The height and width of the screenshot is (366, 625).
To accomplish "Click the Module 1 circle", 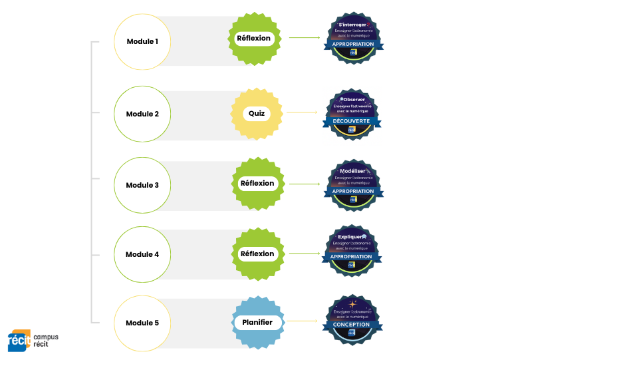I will pos(142,41).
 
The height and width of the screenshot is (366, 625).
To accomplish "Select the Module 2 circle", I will pos(142,114).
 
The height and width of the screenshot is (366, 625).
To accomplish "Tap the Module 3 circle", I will pos(142,185).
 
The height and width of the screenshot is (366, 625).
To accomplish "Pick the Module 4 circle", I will pos(142,254).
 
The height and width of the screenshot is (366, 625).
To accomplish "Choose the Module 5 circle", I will pos(142,323).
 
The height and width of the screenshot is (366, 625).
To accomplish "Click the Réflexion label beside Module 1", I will pos(254,39).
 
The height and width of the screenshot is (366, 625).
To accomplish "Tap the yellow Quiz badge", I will pos(257,113).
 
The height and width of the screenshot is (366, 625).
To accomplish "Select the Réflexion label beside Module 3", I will pos(257,184).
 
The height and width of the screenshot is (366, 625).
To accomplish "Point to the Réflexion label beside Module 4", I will pos(257,254).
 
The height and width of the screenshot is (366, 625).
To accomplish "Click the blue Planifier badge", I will pos(257,323).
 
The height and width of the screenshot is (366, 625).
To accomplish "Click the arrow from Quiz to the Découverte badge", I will pos(302,112).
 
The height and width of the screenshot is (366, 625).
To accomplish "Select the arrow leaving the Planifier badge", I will pos(302,321).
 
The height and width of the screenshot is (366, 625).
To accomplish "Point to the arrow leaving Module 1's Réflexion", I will pos(305,38).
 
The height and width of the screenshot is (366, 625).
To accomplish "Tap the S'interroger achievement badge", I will pos(353,39).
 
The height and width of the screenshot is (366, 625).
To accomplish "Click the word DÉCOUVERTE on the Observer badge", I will pos(352,121).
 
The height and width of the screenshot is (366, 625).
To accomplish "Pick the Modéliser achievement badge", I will pos(353,184).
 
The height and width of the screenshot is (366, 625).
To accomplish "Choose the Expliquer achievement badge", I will pos(352,250).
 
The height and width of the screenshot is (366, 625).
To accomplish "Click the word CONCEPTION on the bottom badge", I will pos(352,325).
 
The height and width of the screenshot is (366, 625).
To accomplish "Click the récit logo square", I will pos(18,340).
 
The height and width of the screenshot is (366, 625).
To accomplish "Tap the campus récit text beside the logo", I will pos(46,340).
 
